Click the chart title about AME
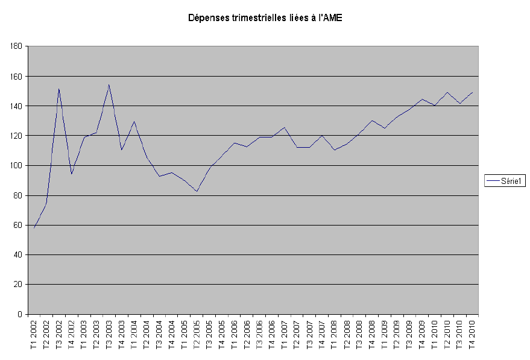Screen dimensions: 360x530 click(265, 19)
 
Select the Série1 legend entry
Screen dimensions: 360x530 click(505, 180)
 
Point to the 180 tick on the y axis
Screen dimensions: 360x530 click(16, 46)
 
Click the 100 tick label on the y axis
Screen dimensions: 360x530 click(16, 166)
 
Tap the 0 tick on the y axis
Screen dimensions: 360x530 click(20, 314)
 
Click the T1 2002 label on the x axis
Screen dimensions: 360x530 click(34, 335)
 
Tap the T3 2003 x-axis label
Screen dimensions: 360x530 click(109, 335)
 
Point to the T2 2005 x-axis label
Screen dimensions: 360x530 click(197, 335)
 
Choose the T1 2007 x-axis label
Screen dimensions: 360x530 click(284, 335)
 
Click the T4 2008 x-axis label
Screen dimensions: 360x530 click(372, 335)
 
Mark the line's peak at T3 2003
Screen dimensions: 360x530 click(109, 84)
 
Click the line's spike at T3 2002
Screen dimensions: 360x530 click(59, 89)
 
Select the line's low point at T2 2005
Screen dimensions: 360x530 click(197, 191)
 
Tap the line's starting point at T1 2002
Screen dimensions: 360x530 click(34, 228)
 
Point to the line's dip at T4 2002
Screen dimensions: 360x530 click(72, 174)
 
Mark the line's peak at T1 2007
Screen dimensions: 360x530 click(284, 127)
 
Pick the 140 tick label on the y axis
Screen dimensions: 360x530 click(16, 106)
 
